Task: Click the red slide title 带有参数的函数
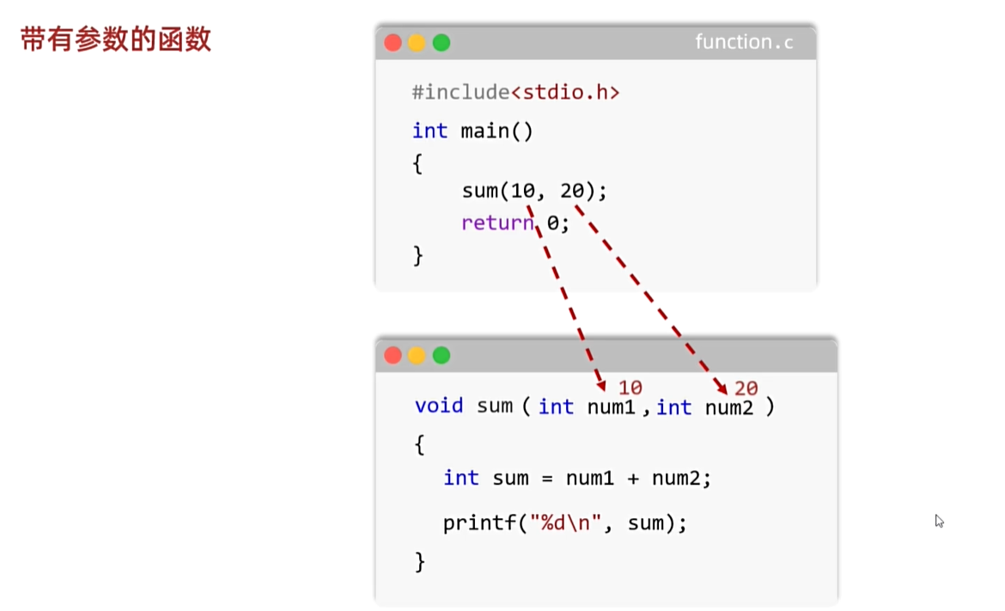(115, 40)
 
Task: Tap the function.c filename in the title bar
(744, 42)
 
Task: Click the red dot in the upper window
(393, 42)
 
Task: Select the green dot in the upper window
(442, 42)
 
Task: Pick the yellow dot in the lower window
(417, 355)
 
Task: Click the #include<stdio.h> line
(515, 92)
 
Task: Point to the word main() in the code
(497, 131)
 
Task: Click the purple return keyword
(497, 223)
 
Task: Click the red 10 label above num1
(630, 388)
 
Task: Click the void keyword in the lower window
(438, 406)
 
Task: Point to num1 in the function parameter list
(611, 406)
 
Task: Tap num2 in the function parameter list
(728, 407)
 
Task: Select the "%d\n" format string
(567, 522)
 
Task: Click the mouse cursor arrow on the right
(939, 520)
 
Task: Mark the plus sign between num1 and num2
(633, 478)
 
